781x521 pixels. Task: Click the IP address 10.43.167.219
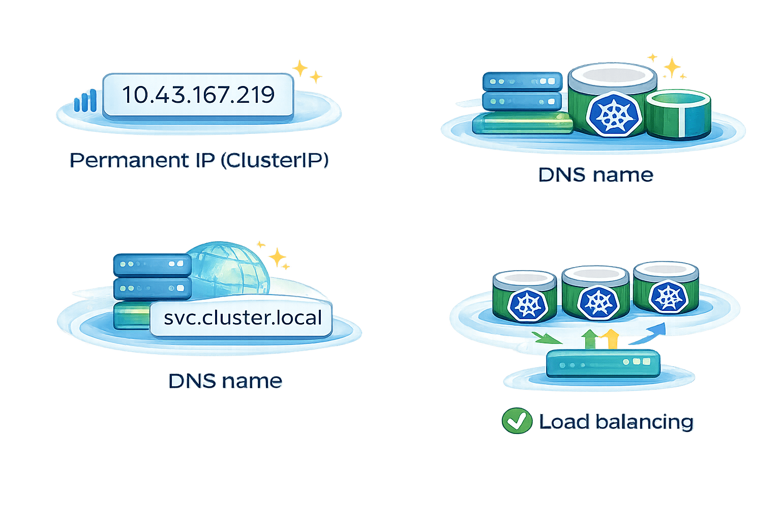point(198,95)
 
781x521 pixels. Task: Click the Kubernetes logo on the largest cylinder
point(614,115)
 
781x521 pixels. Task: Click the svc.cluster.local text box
point(242,318)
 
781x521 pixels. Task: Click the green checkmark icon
point(517,421)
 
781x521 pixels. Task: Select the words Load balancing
point(616,422)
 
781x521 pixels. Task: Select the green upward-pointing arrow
point(589,338)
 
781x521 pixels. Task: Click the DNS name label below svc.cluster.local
point(225,381)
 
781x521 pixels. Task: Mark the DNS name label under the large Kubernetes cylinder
point(595,175)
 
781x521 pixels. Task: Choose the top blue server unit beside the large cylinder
point(522,81)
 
